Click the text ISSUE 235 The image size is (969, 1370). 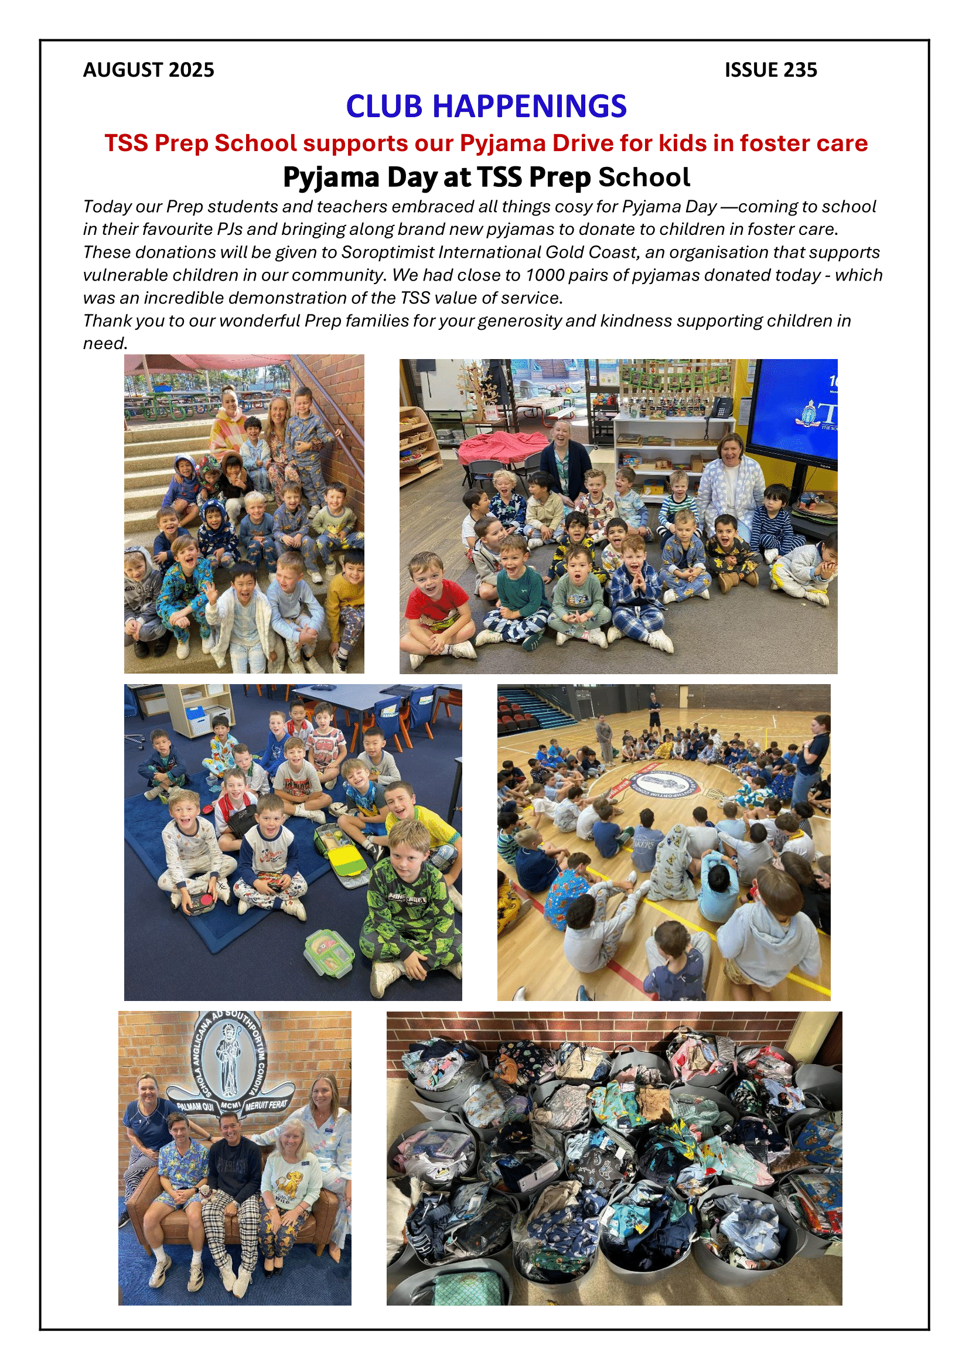[x=770, y=70]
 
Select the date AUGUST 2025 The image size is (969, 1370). [x=148, y=70]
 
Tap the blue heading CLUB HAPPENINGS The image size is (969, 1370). [x=486, y=106]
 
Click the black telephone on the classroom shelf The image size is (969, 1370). [x=723, y=408]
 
